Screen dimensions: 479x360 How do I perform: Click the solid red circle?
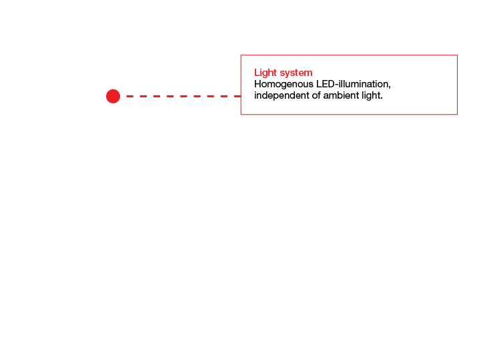point(113,96)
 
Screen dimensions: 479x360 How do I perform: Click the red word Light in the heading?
point(266,73)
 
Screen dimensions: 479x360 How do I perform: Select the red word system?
point(296,73)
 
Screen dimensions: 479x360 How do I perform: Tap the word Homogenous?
point(284,84)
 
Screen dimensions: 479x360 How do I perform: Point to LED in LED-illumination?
point(326,83)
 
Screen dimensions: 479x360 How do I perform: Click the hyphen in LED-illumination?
point(337,85)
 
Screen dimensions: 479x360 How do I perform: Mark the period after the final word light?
point(382,99)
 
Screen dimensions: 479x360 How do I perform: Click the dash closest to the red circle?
point(130,96)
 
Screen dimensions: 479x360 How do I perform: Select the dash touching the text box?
point(237,96)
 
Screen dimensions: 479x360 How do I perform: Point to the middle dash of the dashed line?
point(183,96)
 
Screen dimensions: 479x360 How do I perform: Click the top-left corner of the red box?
point(241,55)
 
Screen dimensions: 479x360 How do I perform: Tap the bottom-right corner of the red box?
point(457,115)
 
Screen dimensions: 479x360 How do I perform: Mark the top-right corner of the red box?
point(457,55)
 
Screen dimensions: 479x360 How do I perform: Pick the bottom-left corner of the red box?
point(241,115)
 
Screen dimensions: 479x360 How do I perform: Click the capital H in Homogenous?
point(258,84)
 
